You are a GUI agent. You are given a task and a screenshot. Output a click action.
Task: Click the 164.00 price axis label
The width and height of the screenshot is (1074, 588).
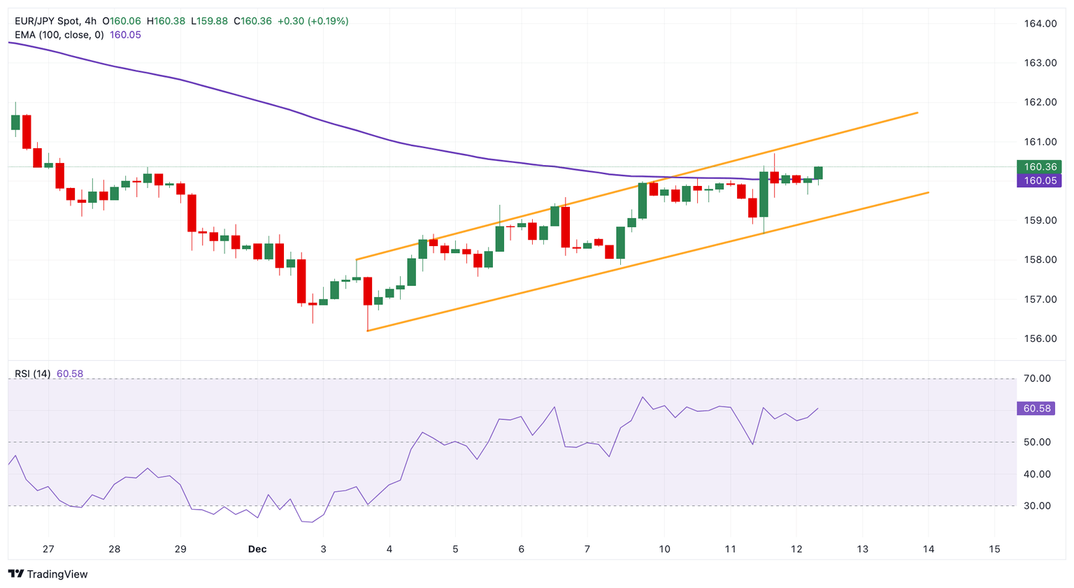point(1040,24)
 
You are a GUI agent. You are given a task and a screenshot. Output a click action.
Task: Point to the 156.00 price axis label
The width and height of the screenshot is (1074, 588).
point(1040,338)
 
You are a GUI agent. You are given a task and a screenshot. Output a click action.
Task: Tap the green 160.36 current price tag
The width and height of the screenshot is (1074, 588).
point(1040,167)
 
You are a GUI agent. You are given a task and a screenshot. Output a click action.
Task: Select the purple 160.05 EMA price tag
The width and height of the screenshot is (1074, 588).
point(1040,180)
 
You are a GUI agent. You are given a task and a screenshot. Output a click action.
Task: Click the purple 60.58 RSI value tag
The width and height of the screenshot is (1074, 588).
point(1036,408)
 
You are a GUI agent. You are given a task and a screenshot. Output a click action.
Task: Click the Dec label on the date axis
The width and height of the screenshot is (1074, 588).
point(257,550)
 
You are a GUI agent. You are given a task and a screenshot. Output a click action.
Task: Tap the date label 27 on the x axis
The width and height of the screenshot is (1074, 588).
point(48,550)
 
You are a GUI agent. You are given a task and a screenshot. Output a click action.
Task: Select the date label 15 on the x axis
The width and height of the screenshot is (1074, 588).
point(994,550)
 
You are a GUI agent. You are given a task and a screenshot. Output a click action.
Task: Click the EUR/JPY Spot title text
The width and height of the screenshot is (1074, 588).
point(47,21)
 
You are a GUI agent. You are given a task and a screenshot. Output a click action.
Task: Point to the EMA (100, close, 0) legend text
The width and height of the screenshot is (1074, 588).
point(59,35)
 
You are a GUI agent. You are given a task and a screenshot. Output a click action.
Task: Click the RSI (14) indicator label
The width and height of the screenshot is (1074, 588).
point(32,374)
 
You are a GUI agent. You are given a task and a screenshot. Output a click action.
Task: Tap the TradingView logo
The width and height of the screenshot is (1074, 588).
point(48,574)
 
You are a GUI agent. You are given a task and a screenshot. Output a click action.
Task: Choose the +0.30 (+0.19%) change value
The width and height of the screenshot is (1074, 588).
point(313,21)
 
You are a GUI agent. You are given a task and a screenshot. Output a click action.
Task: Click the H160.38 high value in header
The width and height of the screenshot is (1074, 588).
point(166,21)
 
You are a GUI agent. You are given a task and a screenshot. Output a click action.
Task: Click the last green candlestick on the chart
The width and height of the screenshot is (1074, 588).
point(818,173)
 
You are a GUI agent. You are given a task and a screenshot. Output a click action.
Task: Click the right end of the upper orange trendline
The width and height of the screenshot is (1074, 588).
point(917,113)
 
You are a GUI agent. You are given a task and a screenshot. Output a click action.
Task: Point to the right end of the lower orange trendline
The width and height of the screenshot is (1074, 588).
point(928,192)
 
